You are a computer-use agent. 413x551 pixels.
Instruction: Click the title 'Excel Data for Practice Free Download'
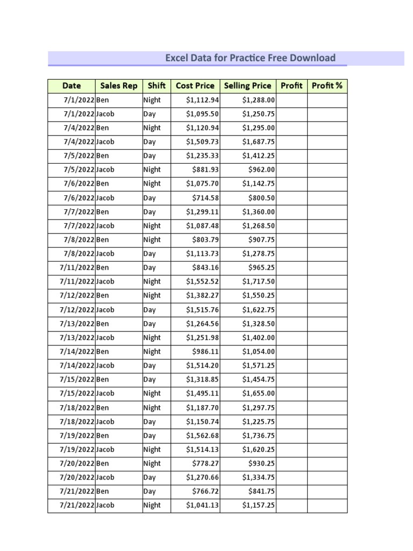(250, 58)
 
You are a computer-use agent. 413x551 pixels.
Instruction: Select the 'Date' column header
(72, 86)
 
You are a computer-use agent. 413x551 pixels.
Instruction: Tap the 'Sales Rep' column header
(119, 86)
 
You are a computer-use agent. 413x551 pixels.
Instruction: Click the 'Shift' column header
(156, 86)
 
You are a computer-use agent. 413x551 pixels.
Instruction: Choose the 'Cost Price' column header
(195, 86)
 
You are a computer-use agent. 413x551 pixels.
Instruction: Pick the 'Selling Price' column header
(247, 86)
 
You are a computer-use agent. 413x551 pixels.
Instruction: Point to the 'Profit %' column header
(327, 86)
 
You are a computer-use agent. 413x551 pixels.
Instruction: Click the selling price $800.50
(261, 198)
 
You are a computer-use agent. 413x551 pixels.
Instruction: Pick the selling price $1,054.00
(258, 352)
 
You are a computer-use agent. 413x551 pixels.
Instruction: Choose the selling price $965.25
(261, 268)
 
